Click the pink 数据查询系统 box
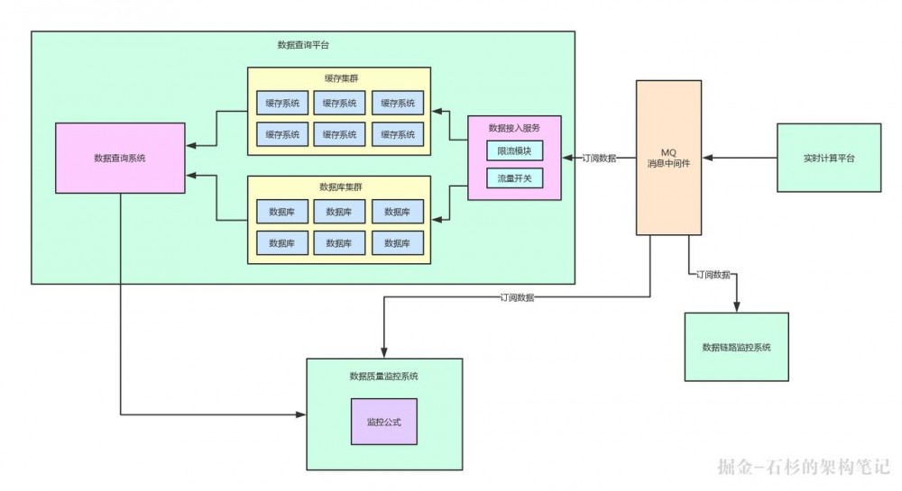coord(120,159)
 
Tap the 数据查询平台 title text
coord(303,44)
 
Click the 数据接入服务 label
coord(514,128)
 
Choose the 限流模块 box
coord(514,150)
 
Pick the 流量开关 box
coord(514,178)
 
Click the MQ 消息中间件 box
coord(668,159)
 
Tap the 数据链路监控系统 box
coord(736,347)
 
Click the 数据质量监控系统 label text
coord(384,376)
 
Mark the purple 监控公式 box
coord(384,422)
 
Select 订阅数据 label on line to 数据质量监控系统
coord(516,296)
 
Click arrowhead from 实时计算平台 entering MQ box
coord(706,159)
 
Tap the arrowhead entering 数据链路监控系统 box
coord(736,308)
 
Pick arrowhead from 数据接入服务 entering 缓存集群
coord(437,112)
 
